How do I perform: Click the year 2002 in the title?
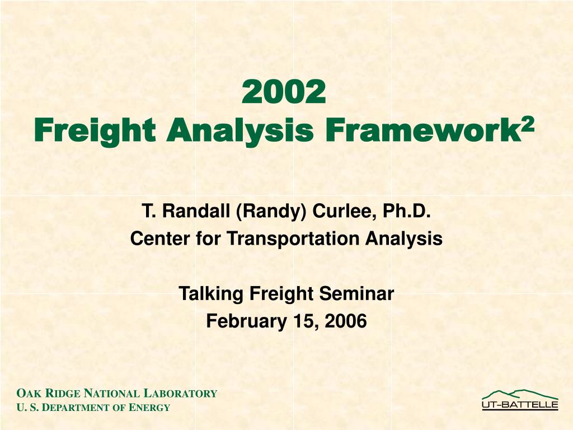coord(285,92)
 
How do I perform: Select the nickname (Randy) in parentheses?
coord(271,212)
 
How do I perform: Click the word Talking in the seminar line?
coord(212,293)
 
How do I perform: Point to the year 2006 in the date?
coord(346,321)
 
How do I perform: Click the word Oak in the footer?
coord(26,394)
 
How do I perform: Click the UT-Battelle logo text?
coord(520,405)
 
